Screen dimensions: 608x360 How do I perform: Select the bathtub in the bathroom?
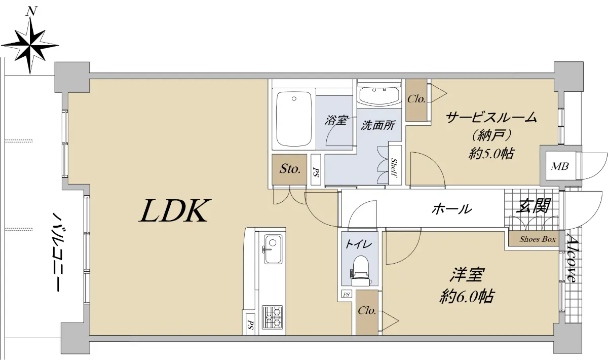(x=294, y=119)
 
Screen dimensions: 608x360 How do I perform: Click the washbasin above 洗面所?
(x=379, y=94)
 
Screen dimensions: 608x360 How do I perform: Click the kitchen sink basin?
(x=273, y=249)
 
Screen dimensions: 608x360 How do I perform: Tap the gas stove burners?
(x=272, y=317)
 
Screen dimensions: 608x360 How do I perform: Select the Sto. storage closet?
(x=290, y=169)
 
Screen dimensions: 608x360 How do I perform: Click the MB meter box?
(x=560, y=166)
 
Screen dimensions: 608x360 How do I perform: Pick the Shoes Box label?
(x=538, y=239)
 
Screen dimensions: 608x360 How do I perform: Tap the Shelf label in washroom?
(x=394, y=168)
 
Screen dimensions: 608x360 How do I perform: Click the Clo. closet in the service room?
(x=416, y=100)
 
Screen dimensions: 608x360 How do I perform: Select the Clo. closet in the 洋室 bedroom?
(x=367, y=312)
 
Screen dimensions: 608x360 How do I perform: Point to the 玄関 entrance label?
(x=533, y=206)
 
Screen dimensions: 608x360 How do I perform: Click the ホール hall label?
(x=451, y=209)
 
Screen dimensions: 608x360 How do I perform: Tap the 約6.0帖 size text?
(x=467, y=296)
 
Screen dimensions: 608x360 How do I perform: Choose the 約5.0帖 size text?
(x=491, y=154)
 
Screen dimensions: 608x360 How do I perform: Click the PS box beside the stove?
(x=250, y=325)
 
